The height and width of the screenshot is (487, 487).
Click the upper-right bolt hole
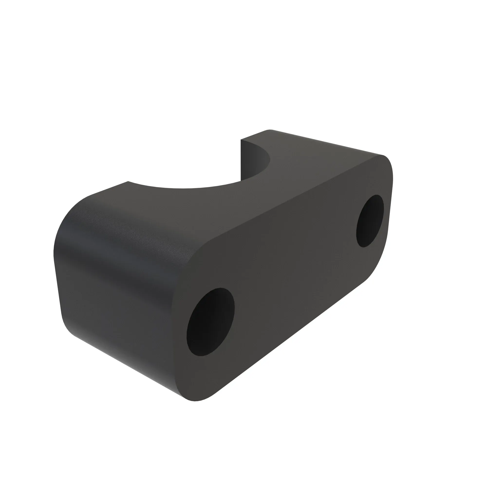(x=370, y=221)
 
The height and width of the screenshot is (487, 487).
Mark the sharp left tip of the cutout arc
(x=128, y=181)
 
